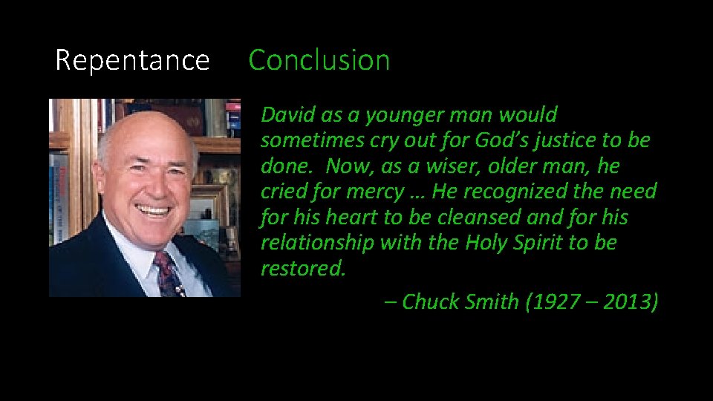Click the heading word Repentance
point(132,60)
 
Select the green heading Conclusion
point(319,60)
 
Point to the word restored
point(302,268)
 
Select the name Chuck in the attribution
point(431,302)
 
